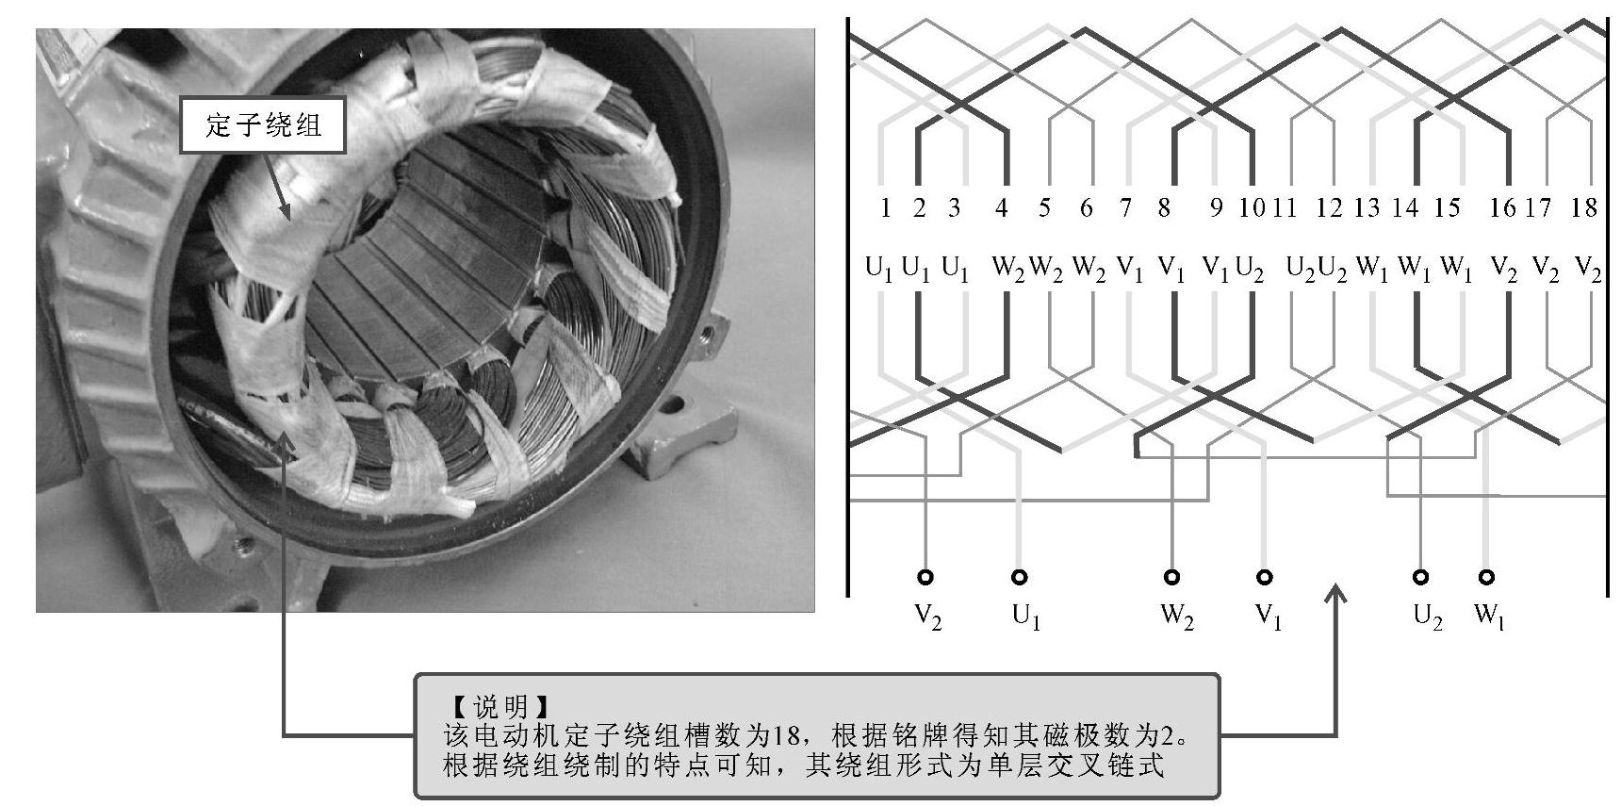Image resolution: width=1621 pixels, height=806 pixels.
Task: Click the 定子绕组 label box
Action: (x=263, y=124)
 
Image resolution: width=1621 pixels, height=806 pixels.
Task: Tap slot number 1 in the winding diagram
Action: (x=884, y=208)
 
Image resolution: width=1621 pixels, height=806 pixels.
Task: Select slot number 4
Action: (x=1002, y=208)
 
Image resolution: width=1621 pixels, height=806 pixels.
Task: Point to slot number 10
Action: (x=1252, y=208)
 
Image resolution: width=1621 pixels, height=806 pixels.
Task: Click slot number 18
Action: (x=1585, y=208)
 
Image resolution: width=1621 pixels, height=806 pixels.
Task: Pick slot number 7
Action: (x=1125, y=208)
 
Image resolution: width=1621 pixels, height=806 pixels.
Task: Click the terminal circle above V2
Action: (x=926, y=577)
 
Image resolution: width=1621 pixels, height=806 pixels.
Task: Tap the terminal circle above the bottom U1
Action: (x=1019, y=577)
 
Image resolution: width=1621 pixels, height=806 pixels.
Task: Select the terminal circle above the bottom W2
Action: (x=1172, y=577)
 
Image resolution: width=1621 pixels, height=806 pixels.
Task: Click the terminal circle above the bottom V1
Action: (x=1265, y=577)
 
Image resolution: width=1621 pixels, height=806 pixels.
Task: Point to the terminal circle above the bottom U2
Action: (x=1421, y=577)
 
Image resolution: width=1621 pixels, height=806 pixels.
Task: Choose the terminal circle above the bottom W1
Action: (x=1486, y=577)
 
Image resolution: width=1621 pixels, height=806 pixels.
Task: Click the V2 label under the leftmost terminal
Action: (x=928, y=617)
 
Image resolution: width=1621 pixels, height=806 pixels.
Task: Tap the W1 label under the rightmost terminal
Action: (x=1489, y=617)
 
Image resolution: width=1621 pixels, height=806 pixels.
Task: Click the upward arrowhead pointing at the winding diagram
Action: (x=1336, y=594)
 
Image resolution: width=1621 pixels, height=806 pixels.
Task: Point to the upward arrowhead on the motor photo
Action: (x=284, y=441)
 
